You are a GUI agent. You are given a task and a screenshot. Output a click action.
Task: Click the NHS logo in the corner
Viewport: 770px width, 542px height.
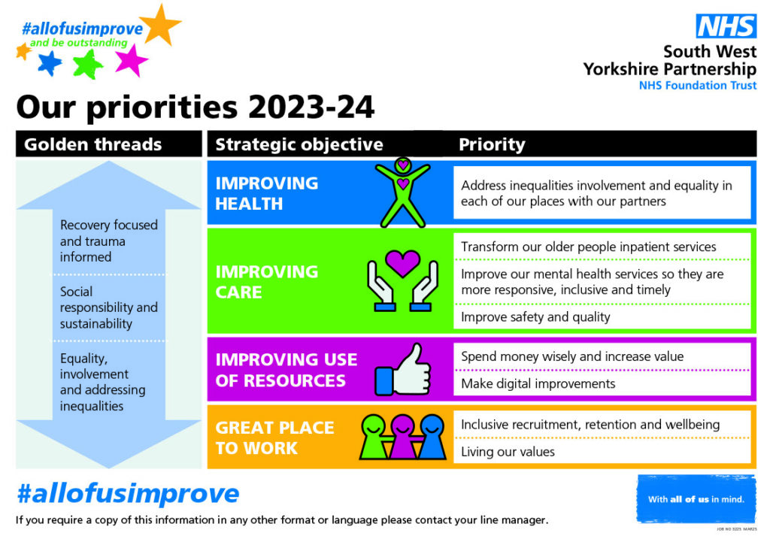[726, 26]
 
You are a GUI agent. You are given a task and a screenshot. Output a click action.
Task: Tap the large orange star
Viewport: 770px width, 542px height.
[162, 25]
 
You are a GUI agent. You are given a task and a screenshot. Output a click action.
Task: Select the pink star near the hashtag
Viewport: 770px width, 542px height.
[131, 61]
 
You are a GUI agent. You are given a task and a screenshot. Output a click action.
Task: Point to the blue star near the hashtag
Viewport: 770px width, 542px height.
[50, 63]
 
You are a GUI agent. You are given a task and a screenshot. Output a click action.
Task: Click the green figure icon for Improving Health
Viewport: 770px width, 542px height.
[403, 192]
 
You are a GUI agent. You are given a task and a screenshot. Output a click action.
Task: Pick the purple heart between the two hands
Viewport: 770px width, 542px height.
[403, 262]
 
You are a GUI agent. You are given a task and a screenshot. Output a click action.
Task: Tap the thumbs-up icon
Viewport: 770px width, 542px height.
[404, 370]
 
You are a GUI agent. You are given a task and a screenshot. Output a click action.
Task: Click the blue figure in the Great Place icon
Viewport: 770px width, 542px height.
[432, 437]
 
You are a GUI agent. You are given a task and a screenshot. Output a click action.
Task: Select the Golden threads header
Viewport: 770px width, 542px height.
[92, 144]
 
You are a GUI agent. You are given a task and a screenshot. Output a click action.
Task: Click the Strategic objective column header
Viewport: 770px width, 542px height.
[299, 144]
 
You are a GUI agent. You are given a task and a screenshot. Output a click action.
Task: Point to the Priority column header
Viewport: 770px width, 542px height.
[492, 144]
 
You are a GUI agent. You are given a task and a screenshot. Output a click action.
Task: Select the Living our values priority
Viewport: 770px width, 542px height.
[508, 452]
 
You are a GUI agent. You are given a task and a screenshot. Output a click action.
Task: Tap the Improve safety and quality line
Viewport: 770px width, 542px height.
[535, 317]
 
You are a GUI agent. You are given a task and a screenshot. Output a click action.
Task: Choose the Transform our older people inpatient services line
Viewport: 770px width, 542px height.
[588, 247]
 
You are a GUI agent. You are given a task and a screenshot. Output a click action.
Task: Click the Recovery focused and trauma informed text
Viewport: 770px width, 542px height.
[108, 241]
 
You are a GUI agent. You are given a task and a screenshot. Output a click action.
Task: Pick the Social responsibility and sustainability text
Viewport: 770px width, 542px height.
[108, 307]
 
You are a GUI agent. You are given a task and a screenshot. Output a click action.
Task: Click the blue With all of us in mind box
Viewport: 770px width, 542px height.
[696, 499]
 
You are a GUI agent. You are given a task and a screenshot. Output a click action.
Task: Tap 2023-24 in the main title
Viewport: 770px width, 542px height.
[311, 107]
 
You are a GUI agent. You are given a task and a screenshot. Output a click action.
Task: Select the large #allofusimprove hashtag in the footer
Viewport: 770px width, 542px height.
[128, 493]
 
